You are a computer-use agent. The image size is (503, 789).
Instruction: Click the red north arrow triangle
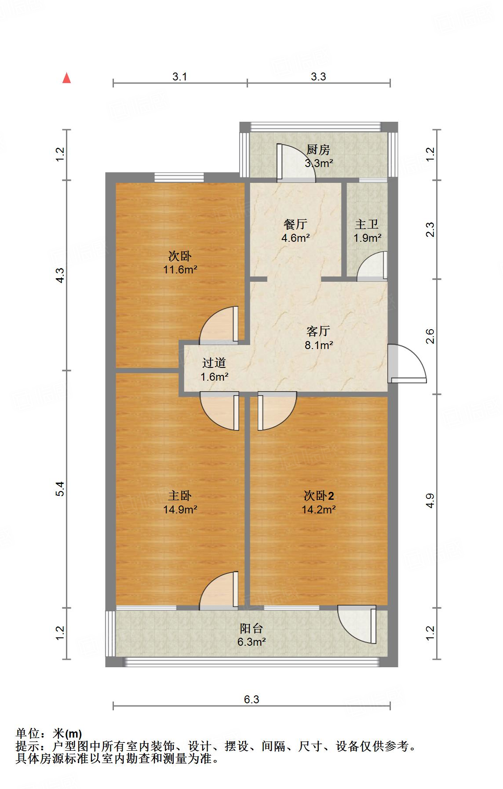pyautogui.click(x=66, y=78)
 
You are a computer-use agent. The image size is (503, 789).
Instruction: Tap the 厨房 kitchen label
pyautogui.click(x=318, y=150)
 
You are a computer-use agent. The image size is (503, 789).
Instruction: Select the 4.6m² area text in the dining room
pyautogui.click(x=295, y=238)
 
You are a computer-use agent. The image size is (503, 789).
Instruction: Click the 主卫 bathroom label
pyautogui.click(x=367, y=225)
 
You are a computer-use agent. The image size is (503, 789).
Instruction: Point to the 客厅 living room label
pyautogui.click(x=318, y=331)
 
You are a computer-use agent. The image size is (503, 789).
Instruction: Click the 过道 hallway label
pyautogui.click(x=214, y=363)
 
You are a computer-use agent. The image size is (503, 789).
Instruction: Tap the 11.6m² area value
pyautogui.click(x=180, y=269)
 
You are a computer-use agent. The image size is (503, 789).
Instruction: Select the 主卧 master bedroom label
pyautogui.click(x=180, y=496)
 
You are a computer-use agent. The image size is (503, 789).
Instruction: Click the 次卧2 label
pyautogui.click(x=319, y=496)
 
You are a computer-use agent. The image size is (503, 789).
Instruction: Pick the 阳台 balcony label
pyautogui.click(x=251, y=628)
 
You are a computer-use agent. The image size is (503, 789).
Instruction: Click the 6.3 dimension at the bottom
pyautogui.click(x=251, y=699)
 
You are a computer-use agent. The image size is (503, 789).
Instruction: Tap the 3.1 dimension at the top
pyautogui.click(x=180, y=77)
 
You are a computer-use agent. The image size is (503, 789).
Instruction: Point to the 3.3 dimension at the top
pyautogui.click(x=318, y=77)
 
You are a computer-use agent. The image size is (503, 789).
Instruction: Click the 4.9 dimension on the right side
pyautogui.click(x=430, y=501)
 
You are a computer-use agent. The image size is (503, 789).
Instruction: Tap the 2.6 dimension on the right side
pyautogui.click(x=430, y=336)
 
